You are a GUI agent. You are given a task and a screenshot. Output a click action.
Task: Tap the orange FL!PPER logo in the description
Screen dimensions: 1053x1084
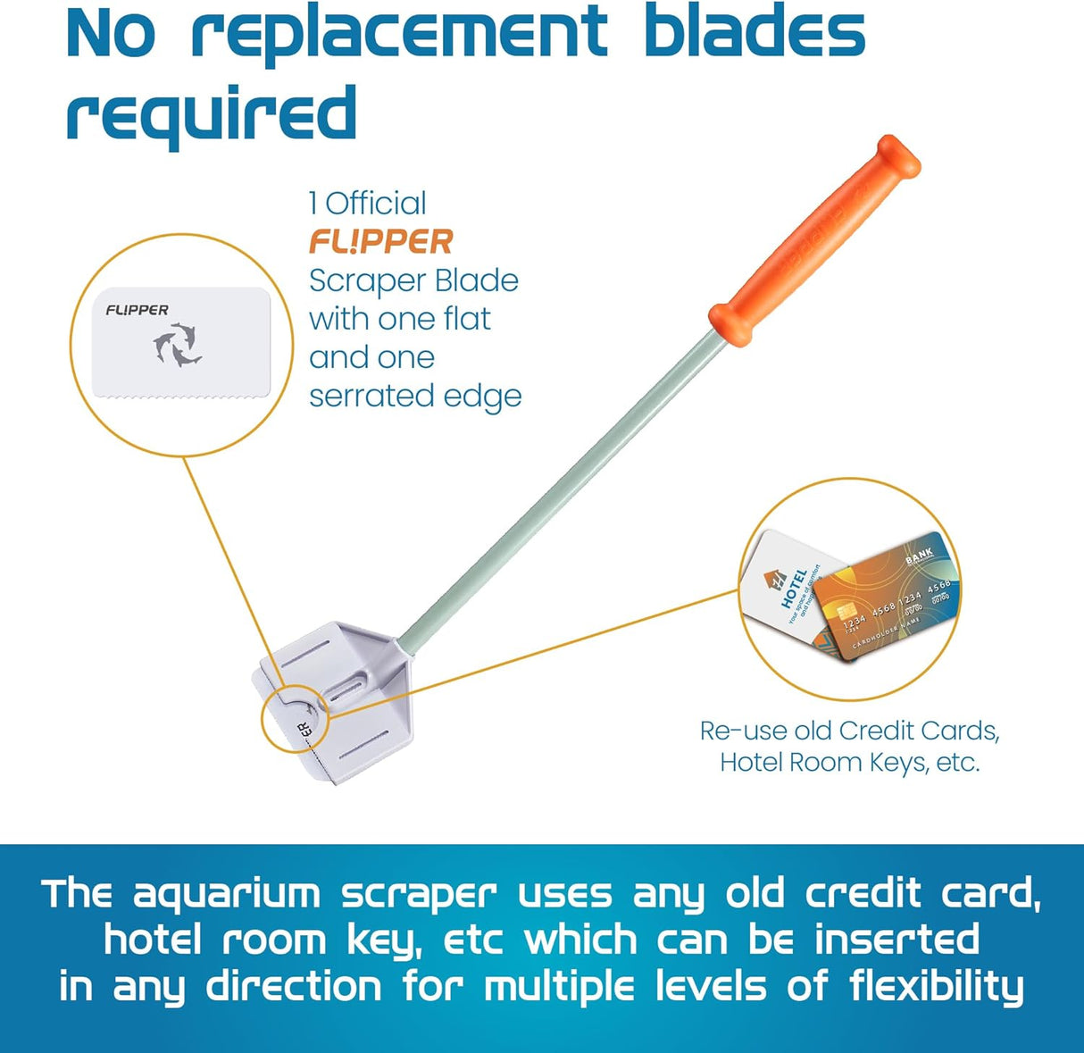tap(381, 242)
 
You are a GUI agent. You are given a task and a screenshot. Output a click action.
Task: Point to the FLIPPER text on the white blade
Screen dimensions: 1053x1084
tap(137, 310)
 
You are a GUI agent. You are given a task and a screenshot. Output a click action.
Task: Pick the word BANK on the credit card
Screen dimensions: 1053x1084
tap(919, 556)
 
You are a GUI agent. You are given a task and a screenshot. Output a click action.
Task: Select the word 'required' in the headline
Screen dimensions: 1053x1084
tap(212, 113)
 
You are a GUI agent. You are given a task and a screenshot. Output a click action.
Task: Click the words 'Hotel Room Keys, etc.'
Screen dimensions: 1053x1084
tap(849, 763)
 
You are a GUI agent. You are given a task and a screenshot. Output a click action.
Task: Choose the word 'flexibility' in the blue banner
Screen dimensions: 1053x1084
tap(936, 988)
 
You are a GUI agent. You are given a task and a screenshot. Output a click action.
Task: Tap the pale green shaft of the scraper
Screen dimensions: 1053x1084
tap(554, 483)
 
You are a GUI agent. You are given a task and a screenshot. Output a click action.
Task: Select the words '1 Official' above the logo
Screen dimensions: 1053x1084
tap(368, 203)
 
